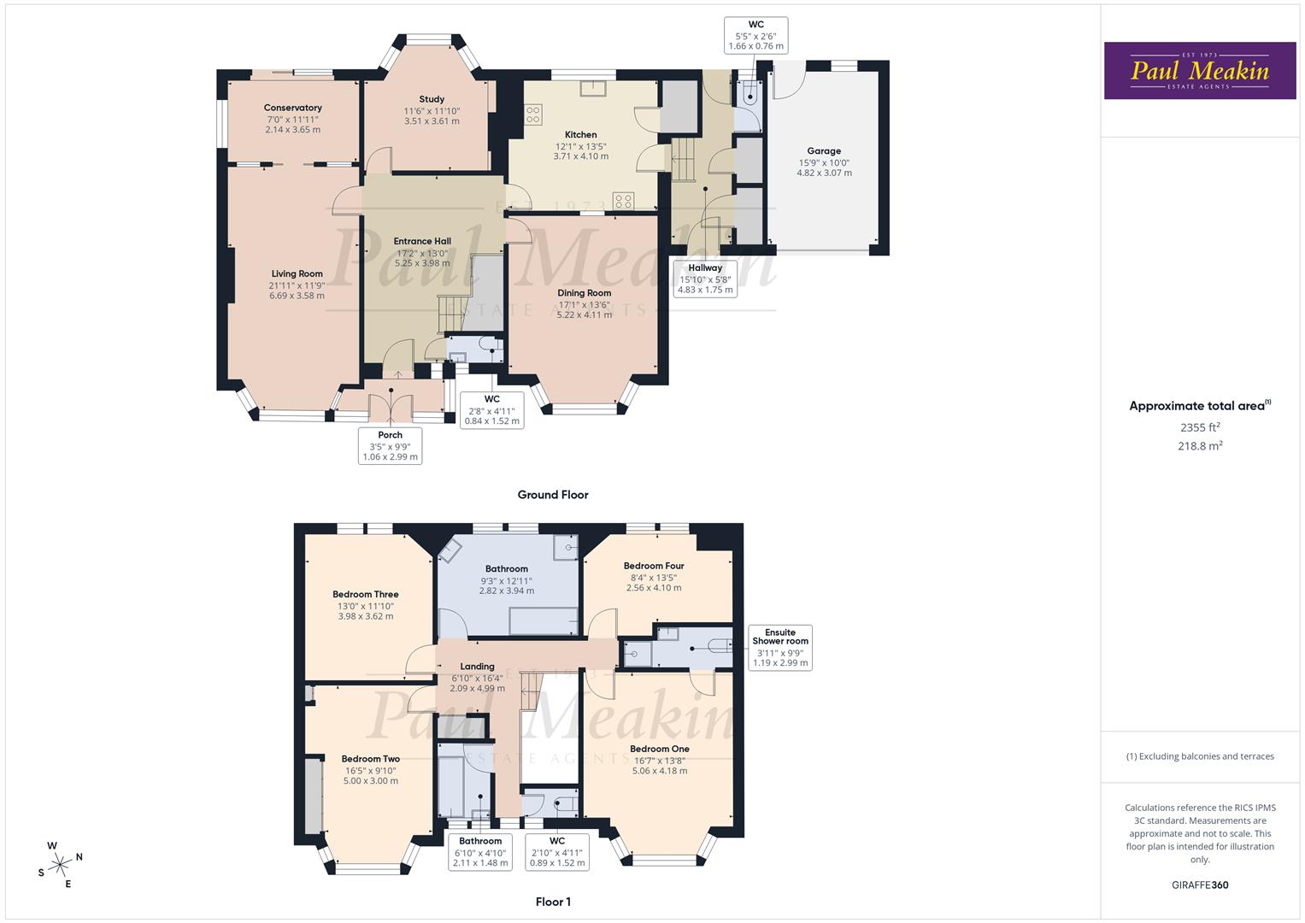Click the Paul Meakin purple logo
tap(1200, 71)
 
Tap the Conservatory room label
tap(292, 109)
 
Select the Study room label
tap(432, 100)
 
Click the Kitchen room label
tap(580, 135)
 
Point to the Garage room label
tap(824, 151)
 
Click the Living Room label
tap(297, 274)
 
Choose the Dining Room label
tap(584, 293)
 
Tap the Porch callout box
tap(391, 446)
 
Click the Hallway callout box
tap(705, 279)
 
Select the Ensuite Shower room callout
tap(779, 648)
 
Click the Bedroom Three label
tap(365, 595)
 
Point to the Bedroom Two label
tap(370, 759)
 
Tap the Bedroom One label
tap(659, 750)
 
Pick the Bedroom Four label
tap(653, 566)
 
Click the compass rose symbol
tap(60, 864)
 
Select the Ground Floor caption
tap(552, 495)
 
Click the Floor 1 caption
tap(552, 902)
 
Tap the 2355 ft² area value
tap(1200, 427)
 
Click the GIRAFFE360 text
tap(1199, 885)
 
